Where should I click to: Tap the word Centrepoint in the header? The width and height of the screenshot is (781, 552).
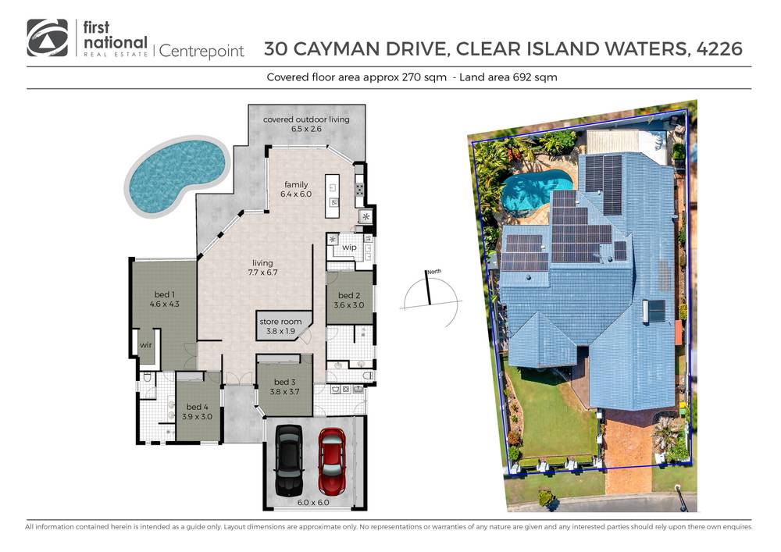pyautogui.click(x=202, y=52)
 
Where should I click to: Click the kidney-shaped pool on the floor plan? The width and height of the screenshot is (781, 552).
pyautogui.click(x=176, y=176)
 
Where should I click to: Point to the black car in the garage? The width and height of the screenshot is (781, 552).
pyautogui.click(x=288, y=461)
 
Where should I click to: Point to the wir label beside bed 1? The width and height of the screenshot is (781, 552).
pyautogui.click(x=145, y=344)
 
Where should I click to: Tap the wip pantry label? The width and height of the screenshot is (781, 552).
pyautogui.click(x=349, y=248)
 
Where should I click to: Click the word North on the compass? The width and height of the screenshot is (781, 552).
pyautogui.click(x=433, y=271)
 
